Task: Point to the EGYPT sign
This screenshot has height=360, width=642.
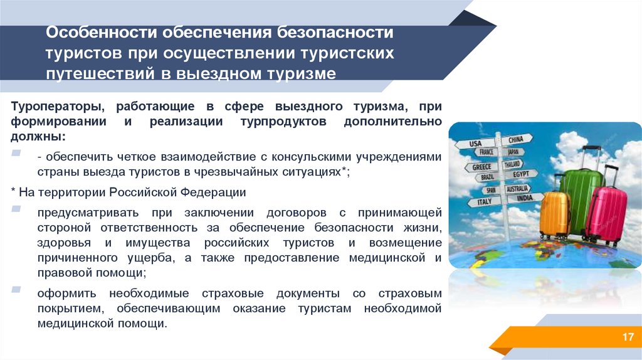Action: (520, 174)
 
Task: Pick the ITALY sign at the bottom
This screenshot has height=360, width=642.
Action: (485, 202)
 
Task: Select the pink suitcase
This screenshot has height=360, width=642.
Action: (605, 213)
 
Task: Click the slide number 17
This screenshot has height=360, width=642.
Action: (628, 338)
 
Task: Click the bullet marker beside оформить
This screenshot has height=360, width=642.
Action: (15, 289)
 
